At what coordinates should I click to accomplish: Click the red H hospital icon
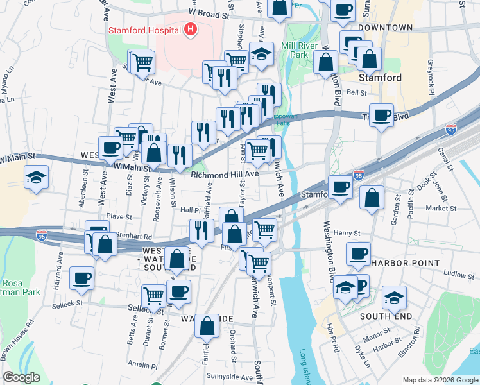click(190, 29)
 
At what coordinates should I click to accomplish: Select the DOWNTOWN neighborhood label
click(385, 28)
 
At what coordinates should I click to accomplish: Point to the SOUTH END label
click(384, 316)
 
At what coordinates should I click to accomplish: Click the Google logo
click(21, 377)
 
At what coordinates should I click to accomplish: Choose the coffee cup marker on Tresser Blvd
click(382, 115)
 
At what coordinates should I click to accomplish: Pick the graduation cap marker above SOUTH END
click(394, 297)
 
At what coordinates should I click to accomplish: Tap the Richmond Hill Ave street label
click(224, 174)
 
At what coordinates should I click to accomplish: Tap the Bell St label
click(356, 92)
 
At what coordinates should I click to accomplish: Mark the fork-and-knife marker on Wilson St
click(180, 155)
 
